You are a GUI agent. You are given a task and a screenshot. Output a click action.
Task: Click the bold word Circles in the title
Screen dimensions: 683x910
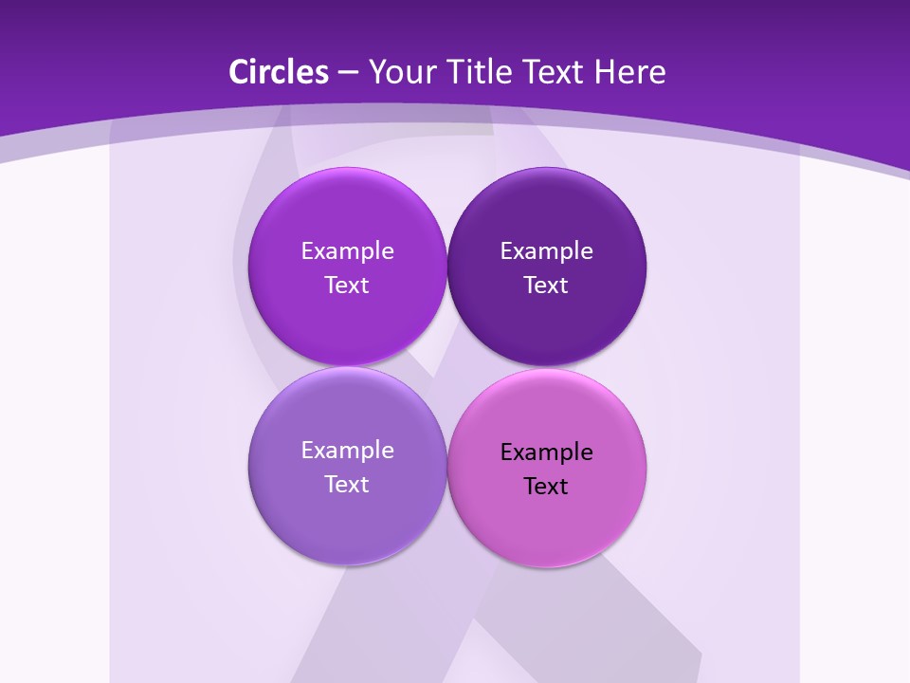click(x=278, y=72)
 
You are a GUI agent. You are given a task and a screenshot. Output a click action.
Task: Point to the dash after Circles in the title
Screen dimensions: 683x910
click(x=348, y=73)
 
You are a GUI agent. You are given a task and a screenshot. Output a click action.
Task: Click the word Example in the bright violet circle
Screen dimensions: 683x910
click(x=347, y=251)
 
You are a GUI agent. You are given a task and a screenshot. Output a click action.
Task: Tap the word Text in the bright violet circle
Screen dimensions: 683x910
click(x=347, y=286)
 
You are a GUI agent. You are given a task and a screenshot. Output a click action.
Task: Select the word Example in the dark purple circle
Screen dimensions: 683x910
click(x=546, y=251)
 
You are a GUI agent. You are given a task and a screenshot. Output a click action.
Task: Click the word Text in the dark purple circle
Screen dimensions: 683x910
click(x=546, y=286)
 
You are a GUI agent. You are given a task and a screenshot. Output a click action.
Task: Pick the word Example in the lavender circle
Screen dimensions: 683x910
click(x=347, y=451)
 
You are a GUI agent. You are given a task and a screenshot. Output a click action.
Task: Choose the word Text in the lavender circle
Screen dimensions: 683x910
click(x=347, y=485)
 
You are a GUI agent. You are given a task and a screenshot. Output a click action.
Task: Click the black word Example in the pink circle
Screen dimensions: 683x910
click(x=546, y=452)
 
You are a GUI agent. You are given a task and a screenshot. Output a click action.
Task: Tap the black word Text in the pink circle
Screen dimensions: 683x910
click(x=546, y=487)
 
